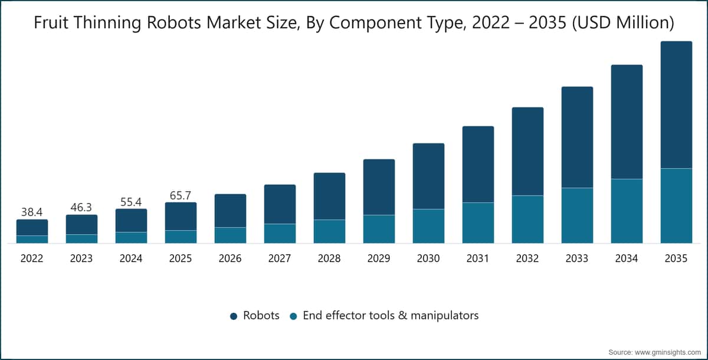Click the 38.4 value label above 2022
(32, 212)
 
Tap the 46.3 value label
(81, 207)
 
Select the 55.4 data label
(131, 202)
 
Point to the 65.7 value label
(181, 196)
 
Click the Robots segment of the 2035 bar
(676, 104)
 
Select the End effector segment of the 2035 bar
(676, 206)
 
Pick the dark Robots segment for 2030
(428, 176)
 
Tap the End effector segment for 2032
(528, 220)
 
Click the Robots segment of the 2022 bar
(32, 228)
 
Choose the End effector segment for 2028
(329, 231)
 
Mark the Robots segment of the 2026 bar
(231, 211)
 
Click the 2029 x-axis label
(379, 258)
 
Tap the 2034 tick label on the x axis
(627, 258)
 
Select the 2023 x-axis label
(81, 258)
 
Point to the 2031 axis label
(477, 258)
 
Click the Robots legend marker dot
(234, 316)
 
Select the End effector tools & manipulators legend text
(391, 315)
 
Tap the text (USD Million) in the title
(623, 23)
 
